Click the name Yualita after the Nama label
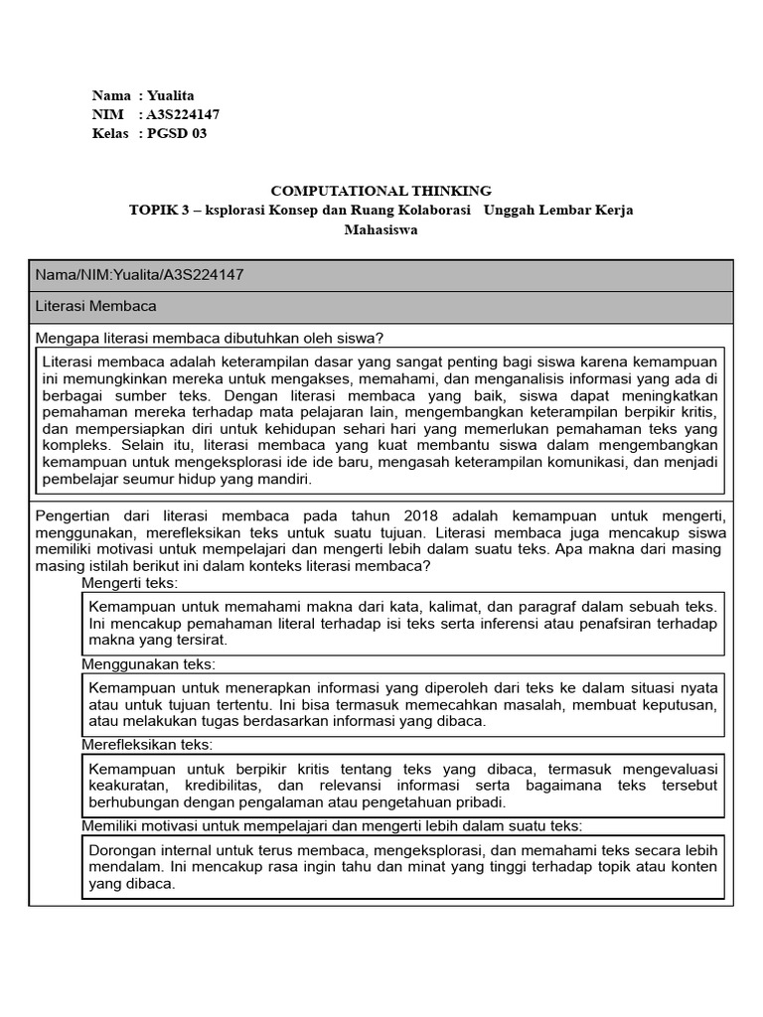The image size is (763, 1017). coord(173,96)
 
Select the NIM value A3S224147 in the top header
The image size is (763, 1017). coord(183,115)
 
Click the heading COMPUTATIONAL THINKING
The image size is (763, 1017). coord(381,191)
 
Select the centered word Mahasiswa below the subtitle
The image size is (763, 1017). coord(381,229)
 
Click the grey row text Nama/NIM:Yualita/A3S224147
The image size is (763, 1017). coord(139,275)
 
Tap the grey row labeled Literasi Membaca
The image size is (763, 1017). coord(95,307)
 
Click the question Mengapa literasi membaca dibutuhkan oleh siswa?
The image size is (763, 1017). coord(210,338)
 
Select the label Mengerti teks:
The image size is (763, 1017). coord(129,582)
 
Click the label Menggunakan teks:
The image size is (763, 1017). coord(148,663)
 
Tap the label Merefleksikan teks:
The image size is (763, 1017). coord(147,744)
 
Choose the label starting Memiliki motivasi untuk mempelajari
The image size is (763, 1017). coord(331,825)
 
